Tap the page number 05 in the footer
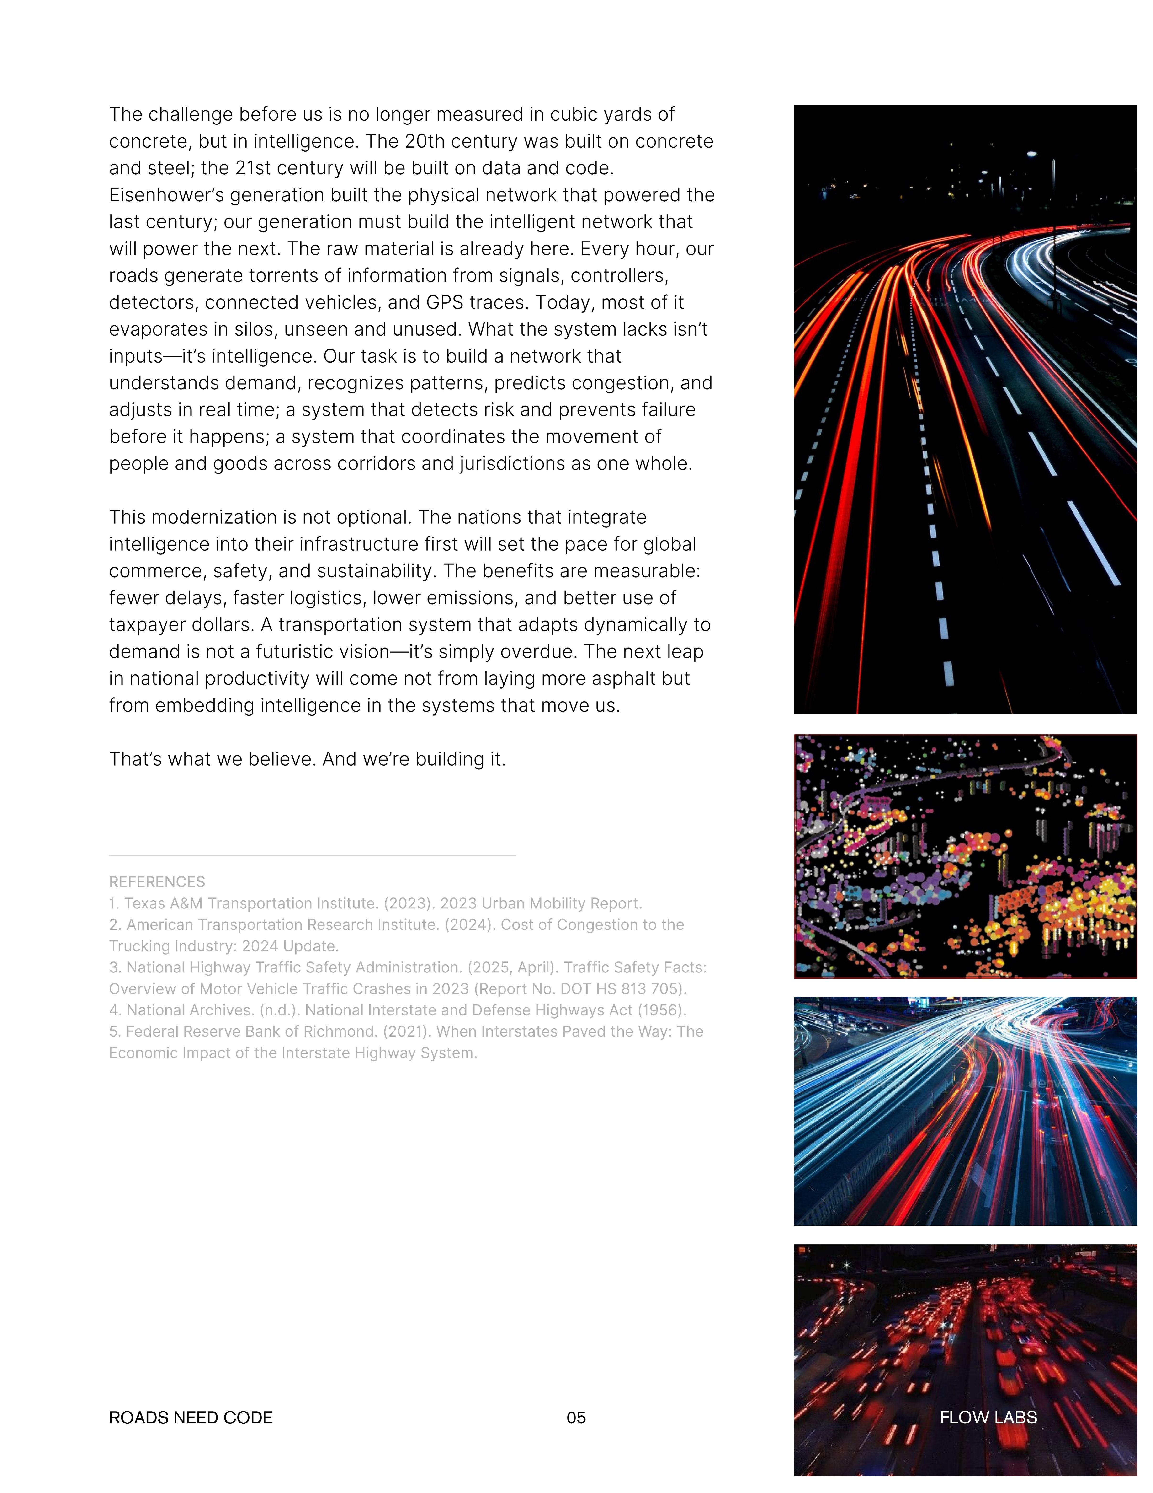[x=576, y=1418]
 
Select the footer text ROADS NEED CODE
[x=191, y=1418]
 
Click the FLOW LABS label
[x=988, y=1418]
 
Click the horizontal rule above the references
[x=312, y=855]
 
